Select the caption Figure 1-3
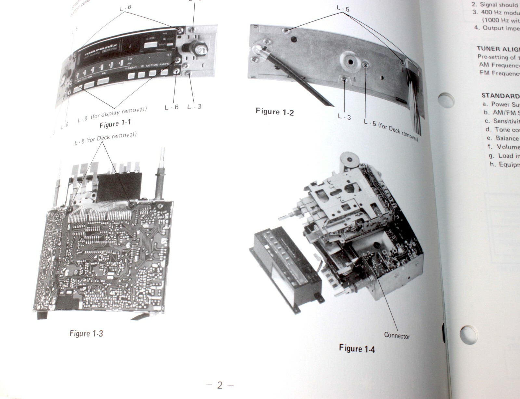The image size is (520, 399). coord(86,333)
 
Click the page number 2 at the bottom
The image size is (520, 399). coord(220,385)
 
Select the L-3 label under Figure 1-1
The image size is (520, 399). coord(194,106)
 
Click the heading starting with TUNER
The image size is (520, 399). coord(497,49)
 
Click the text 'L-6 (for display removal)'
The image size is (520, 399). coord(112,114)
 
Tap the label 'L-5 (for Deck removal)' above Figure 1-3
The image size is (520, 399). coord(106,138)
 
